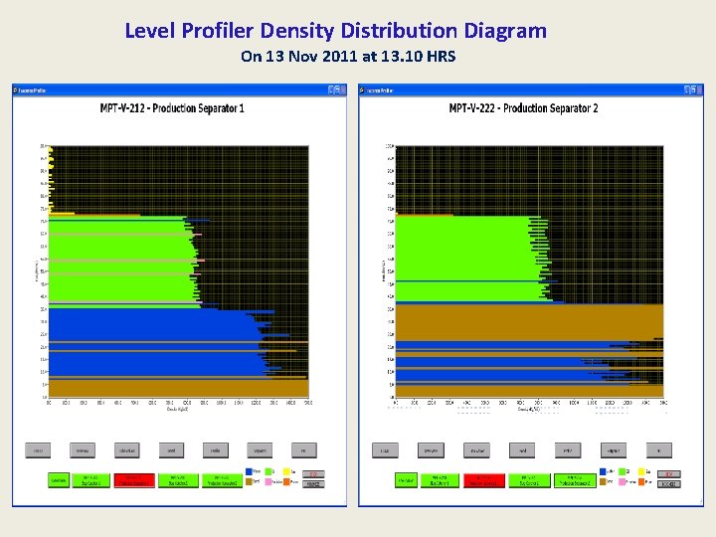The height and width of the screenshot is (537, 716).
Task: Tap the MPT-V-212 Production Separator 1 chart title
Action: [172, 107]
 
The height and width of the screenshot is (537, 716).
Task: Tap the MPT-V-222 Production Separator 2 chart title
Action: [523, 107]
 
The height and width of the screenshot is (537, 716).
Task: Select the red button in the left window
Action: [132, 479]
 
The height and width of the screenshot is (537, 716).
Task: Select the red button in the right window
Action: [482, 479]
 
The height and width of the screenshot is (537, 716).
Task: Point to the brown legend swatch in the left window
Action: [247, 483]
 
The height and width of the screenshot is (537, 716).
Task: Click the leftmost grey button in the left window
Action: [38, 450]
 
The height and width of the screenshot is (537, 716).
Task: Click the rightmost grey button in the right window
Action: [658, 450]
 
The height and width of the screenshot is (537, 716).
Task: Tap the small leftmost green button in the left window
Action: [60, 479]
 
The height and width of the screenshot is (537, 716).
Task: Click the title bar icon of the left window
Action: [16, 89]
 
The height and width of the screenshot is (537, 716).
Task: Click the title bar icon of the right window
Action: [363, 89]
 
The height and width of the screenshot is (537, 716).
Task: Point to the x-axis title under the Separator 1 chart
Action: [177, 409]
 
